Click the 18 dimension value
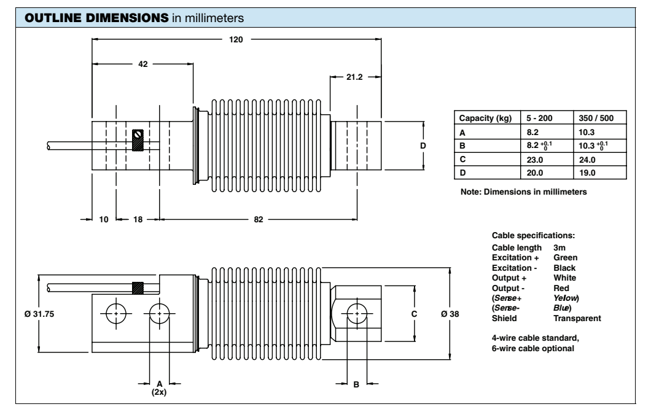pos(137,219)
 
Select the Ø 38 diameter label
pos(451,314)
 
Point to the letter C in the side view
pos(414,314)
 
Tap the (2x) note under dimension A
pos(160,391)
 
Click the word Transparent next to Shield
pos(577,318)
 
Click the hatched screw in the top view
pos(139,139)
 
